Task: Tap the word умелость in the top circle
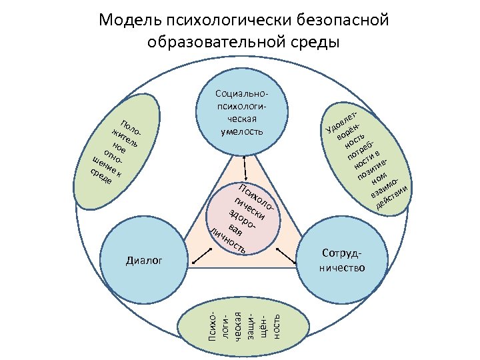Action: point(241,131)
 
